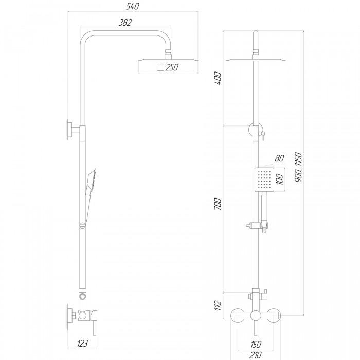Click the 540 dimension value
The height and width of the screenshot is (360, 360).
pyautogui.click(x=133, y=6)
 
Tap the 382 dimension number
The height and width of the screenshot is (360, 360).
pyautogui.click(x=125, y=23)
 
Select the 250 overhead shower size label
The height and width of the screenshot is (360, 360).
pyautogui.click(x=172, y=67)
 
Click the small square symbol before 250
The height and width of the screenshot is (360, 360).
pyautogui.click(x=160, y=67)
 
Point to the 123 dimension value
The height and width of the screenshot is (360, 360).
pyautogui.click(x=82, y=343)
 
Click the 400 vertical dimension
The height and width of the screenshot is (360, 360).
pyautogui.click(x=218, y=78)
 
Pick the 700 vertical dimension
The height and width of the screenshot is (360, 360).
pyautogui.click(x=218, y=204)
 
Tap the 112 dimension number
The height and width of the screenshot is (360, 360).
pyautogui.click(x=218, y=305)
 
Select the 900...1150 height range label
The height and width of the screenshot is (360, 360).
pyautogui.click(x=298, y=167)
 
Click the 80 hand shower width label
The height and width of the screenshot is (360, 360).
pyautogui.click(x=279, y=158)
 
